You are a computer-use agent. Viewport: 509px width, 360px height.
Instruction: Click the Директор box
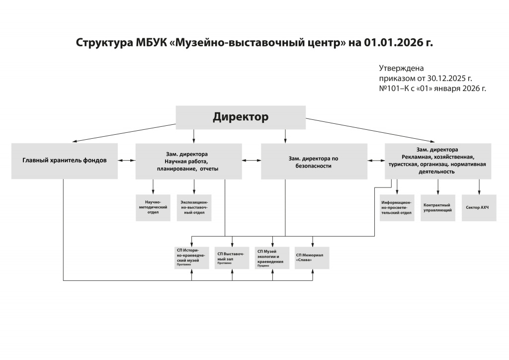(x=241, y=117)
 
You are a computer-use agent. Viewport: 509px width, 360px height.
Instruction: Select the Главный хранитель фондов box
(x=65, y=161)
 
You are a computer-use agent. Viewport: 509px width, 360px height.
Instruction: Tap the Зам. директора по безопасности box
(x=314, y=161)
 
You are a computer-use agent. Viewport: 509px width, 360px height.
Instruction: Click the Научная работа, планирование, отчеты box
(x=189, y=161)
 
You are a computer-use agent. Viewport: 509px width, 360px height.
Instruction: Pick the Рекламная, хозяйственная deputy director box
(x=438, y=161)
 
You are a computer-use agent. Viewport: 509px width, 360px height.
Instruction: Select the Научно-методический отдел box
(x=153, y=207)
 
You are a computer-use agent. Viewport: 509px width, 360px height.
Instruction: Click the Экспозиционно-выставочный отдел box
(x=194, y=207)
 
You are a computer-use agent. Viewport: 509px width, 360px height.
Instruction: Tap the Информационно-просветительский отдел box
(x=397, y=207)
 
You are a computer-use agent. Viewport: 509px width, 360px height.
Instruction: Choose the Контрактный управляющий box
(x=437, y=207)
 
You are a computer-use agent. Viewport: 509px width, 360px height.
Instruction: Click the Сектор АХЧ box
(x=479, y=207)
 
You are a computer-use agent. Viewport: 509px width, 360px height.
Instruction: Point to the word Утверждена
(x=401, y=68)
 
